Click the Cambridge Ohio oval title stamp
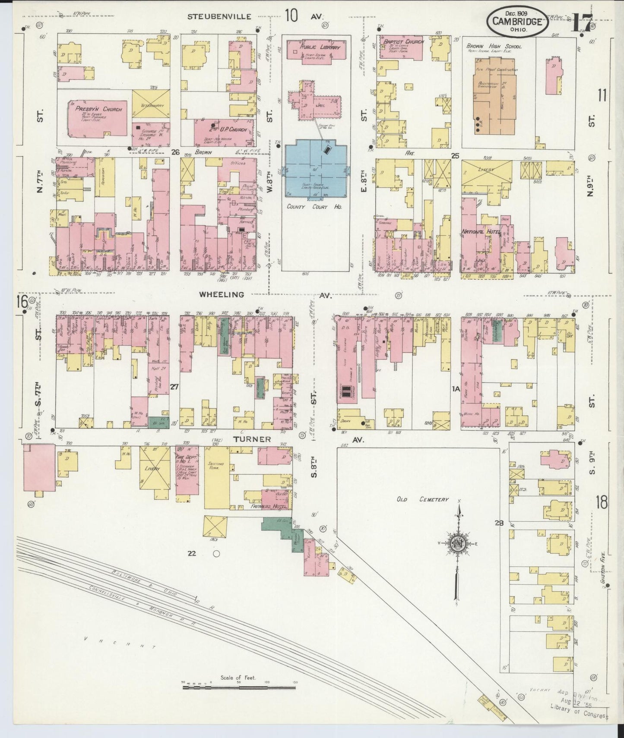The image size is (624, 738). [x=518, y=21]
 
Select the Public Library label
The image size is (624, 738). [x=319, y=47]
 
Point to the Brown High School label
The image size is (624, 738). [x=494, y=46]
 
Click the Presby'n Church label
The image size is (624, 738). [x=98, y=109]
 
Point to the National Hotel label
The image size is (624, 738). [x=481, y=232]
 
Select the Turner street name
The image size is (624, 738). [x=252, y=439]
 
